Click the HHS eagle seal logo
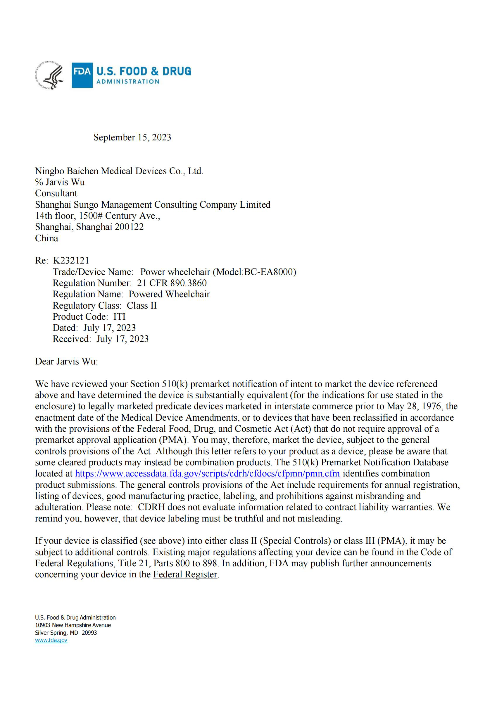pyautogui.click(x=50, y=75)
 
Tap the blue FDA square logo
pyautogui.click(x=82, y=75)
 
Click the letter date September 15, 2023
pyautogui.click(x=132, y=137)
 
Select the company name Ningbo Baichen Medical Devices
pyautogui.click(x=119, y=171)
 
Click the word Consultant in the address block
pyautogui.click(x=56, y=193)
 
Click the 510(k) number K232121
pyautogui.click(x=71, y=261)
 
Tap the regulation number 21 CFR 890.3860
pyautogui.click(x=172, y=283)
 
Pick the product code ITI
pyautogui.click(x=119, y=316)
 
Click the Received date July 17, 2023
pyautogui.click(x=122, y=339)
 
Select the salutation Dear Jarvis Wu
pyautogui.click(x=66, y=362)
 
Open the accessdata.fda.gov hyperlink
pyautogui.click(x=208, y=474)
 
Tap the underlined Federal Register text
pyautogui.click(x=185, y=574)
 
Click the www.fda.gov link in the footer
pyautogui.click(x=51, y=640)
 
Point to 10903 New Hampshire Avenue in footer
pyautogui.click(x=73, y=625)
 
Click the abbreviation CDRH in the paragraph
pyautogui.click(x=151, y=507)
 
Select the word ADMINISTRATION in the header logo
pyautogui.click(x=128, y=82)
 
